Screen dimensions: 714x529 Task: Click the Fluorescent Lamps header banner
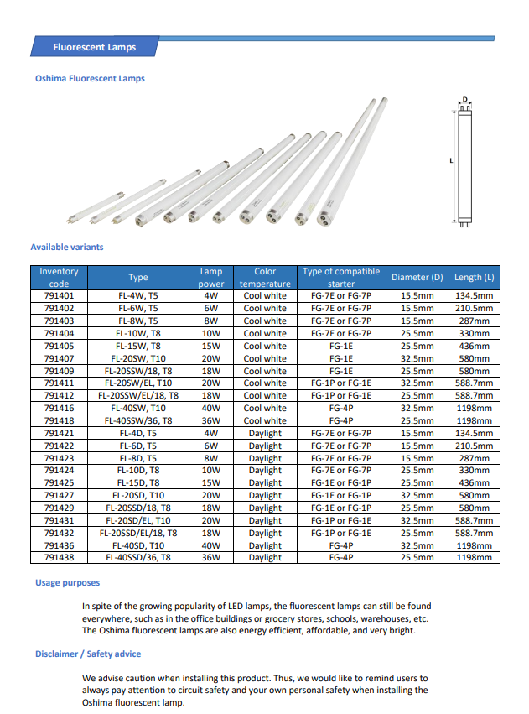[x=94, y=47]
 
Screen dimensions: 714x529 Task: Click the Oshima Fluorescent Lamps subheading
[x=90, y=78]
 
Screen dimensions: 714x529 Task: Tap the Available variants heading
[x=67, y=247]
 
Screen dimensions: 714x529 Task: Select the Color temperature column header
[x=265, y=277]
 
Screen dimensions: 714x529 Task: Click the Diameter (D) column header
[x=417, y=277]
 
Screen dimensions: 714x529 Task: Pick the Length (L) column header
[x=474, y=277]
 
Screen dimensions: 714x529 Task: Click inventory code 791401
[x=59, y=295]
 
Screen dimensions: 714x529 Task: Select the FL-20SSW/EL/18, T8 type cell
[x=138, y=395]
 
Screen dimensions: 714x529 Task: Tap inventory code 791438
[x=59, y=557]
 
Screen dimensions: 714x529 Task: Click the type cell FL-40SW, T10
[x=138, y=408]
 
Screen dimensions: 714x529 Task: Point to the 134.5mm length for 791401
[x=474, y=295]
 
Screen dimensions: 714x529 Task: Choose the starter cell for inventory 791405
[x=341, y=346]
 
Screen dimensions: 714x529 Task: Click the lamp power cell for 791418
[x=211, y=420]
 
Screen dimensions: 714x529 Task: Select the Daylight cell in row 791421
[x=265, y=433]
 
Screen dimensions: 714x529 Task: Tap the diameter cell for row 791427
[x=417, y=495]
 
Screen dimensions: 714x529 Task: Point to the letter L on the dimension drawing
[x=451, y=159]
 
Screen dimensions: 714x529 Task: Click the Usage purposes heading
[x=67, y=582]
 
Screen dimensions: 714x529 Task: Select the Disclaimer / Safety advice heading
[x=88, y=654]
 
